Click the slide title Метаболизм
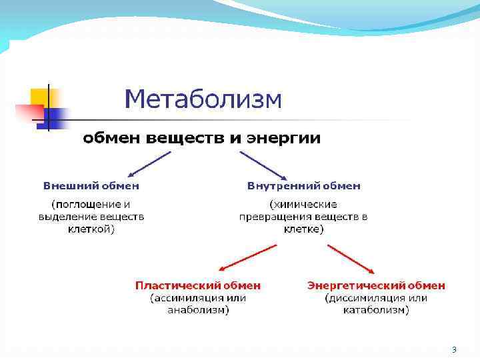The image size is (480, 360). coord(203,100)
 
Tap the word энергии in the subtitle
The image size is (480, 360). coord(284,139)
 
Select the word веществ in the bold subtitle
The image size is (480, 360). coord(183,139)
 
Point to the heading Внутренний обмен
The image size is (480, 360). coord(303,186)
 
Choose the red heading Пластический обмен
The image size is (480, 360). coord(198,285)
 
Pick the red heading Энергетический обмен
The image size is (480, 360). coord(376,285)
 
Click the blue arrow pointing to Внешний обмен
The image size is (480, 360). coord(147,164)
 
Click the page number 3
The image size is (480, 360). coord(454,350)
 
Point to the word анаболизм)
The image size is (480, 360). coord(198,310)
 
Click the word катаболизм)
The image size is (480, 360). coord(376,310)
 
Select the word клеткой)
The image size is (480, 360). coord(91,229)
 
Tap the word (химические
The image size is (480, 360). coord(303,204)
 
